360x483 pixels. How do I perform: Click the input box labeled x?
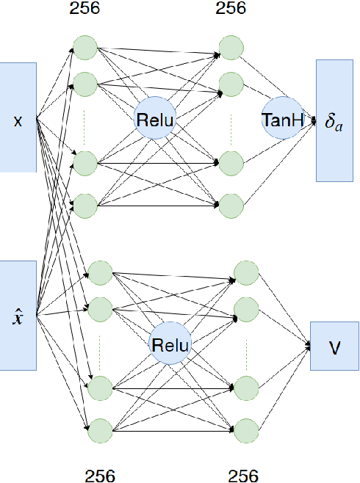(x=18, y=117)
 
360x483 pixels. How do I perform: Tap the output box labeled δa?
(x=335, y=120)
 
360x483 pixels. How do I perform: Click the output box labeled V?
(x=334, y=344)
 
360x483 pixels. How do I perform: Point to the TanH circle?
(x=282, y=117)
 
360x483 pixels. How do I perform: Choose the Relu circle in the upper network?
(x=155, y=118)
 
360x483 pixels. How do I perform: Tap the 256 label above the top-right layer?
(x=231, y=9)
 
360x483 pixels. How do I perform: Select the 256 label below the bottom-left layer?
(x=100, y=475)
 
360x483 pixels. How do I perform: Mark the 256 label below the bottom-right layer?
(x=242, y=475)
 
